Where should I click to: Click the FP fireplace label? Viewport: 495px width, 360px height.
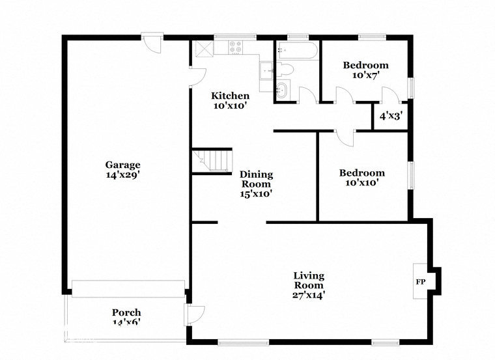coord(420,282)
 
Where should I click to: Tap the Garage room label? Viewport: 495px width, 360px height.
coord(122,170)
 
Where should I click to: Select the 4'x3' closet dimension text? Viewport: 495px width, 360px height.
coord(390,117)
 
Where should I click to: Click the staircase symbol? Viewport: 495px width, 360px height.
coord(212,161)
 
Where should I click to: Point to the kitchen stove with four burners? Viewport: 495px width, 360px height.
coord(236,47)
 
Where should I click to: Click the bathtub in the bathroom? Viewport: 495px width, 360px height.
coord(298,50)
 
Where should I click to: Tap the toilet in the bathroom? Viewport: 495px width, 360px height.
coord(285,69)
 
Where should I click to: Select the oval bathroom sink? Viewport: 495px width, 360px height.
coord(283,90)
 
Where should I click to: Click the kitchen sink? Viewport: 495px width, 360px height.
coord(266,70)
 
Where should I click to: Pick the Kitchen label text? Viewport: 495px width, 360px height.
coord(230,96)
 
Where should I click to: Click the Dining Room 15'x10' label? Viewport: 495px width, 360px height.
coord(256,184)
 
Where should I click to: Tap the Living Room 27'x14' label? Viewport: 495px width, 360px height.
coord(309,285)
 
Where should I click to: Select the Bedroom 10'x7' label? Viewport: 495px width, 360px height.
coord(365,70)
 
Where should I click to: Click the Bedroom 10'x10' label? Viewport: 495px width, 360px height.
coord(361,178)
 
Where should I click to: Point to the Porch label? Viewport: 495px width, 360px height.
coord(126,312)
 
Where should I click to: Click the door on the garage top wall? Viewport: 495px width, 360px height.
coord(152,42)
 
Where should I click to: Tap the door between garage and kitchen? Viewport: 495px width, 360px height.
coord(197,76)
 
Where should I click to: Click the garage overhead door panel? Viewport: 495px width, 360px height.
coord(128,288)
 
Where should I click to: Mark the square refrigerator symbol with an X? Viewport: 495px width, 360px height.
coord(205,49)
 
